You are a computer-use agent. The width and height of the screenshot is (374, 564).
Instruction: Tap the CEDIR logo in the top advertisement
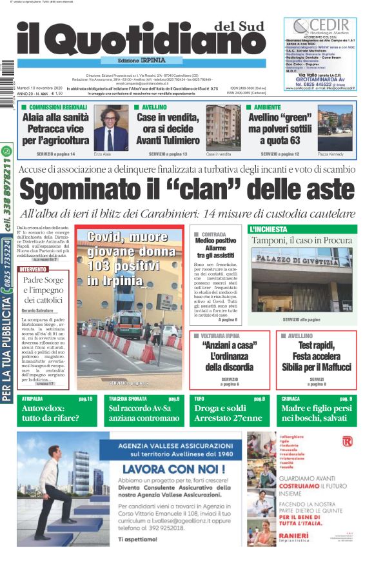coord(320,26)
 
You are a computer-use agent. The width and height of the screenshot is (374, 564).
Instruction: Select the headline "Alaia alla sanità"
coord(55,117)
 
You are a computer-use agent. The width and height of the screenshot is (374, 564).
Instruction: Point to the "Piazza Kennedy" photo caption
coord(330,155)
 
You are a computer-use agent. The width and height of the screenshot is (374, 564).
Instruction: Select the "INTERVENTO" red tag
coord(33,268)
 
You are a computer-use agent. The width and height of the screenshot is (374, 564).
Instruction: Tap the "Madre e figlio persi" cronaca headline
coord(316,408)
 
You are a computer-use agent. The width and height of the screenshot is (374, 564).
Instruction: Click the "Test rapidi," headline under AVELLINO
coord(317,345)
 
